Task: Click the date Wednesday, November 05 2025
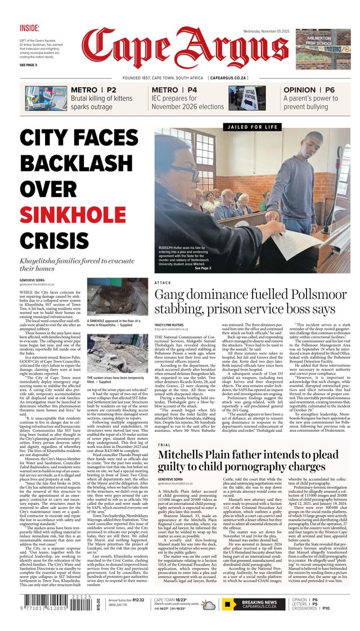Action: [x=267, y=32]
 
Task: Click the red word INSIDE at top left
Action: [x=29, y=28]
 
